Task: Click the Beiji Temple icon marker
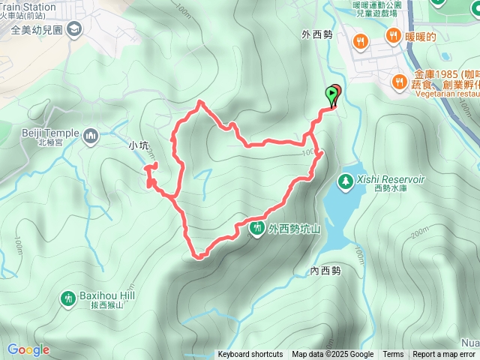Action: coord(91,136)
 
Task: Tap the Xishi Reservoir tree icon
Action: coord(345,180)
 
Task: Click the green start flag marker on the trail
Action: coord(331,93)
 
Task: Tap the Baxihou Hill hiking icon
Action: coord(67,298)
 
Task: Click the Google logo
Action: coord(28,349)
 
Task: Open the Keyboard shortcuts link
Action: coord(250,355)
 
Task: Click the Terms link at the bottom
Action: coord(393,355)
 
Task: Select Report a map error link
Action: coord(444,355)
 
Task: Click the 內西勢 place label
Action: coord(325,271)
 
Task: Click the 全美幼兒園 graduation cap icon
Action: coord(73,29)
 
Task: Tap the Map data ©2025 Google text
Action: coord(333,355)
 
